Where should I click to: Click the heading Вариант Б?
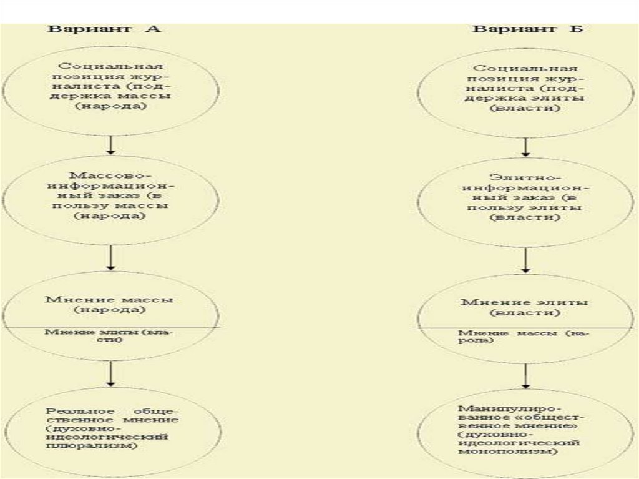coord(528,29)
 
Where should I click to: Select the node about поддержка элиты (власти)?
coord(525,88)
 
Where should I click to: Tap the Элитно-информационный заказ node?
coord(525,199)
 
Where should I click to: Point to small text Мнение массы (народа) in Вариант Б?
coord(525,338)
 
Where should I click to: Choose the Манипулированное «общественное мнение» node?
coord(525,431)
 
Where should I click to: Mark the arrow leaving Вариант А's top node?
coord(110,144)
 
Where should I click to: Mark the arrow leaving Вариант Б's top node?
coord(525,147)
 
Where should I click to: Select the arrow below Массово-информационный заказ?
coord(110,256)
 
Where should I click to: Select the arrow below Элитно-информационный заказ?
coord(525,259)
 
